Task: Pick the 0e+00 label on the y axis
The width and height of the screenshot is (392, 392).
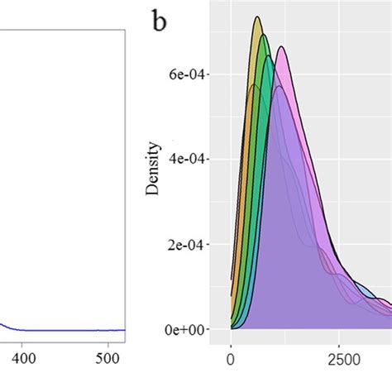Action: point(186,330)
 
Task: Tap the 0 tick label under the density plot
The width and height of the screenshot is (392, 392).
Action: point(231,361)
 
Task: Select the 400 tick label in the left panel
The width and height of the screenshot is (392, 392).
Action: point(22,361)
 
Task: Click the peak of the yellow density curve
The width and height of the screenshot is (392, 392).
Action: point(258,17)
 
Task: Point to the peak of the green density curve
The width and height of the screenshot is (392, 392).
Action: point(264,36)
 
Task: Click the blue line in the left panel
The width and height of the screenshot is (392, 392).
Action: point(66,329)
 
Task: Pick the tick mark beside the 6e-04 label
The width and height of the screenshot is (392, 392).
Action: point(208,74)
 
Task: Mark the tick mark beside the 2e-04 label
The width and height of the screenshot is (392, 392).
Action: point(208,245)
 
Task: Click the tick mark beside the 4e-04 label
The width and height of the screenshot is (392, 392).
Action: point(208,160)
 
